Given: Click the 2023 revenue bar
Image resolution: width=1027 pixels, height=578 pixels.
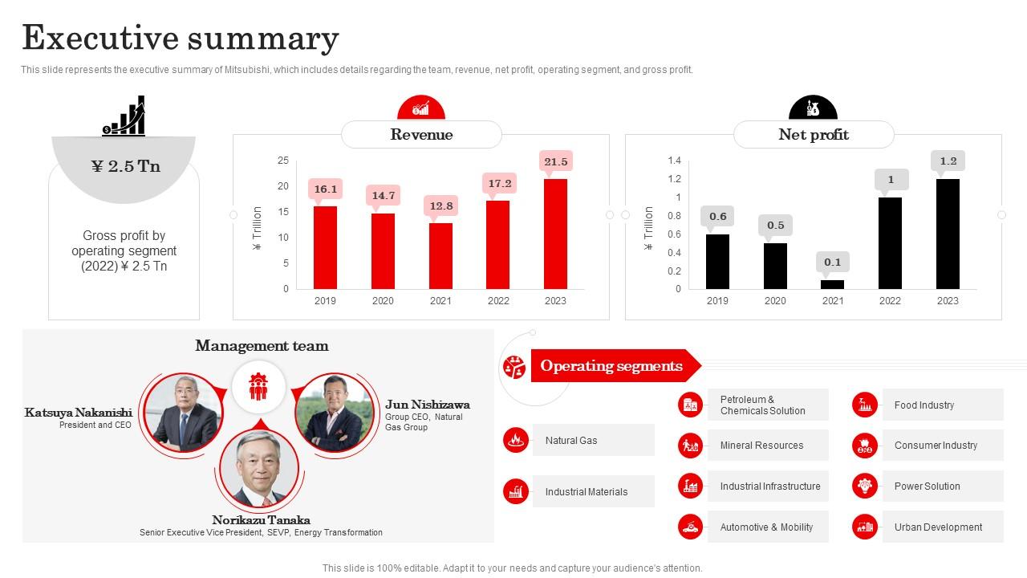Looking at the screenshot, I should coord(555,234).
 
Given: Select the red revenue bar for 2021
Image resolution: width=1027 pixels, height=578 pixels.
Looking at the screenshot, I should coord(440,255).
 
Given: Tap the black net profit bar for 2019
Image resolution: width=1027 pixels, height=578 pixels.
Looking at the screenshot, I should coord(717,261).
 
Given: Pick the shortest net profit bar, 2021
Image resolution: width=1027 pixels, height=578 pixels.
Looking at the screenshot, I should coord(833,284).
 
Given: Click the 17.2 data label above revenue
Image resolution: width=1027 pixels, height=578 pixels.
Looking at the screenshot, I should coord(499,184).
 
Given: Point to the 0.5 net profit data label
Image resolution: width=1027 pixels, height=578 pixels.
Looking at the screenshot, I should coord(775,226).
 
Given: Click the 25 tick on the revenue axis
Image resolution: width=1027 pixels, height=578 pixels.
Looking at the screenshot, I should coord(282,161).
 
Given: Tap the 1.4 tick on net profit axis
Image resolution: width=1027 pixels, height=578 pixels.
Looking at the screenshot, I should coord(674,161).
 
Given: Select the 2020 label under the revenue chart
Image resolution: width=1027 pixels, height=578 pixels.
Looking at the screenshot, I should coord(383,301).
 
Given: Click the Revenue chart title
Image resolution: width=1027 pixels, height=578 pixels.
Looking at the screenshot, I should coord(421,135).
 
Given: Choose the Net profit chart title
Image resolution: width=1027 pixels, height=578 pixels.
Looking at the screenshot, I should coord(814,135).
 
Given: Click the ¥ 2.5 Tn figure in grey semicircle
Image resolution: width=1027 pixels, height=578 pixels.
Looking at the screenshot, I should coord(125,166).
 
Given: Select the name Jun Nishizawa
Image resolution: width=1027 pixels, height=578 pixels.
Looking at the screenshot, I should coord(427,405).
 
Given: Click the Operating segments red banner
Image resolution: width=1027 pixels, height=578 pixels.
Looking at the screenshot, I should coord(611,366).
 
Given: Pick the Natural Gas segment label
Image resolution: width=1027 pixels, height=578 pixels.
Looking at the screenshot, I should coord(571,441).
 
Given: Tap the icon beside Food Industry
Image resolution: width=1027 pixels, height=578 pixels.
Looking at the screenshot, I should coord(865,405).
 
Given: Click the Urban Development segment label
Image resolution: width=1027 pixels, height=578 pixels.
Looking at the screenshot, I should coord(938,527).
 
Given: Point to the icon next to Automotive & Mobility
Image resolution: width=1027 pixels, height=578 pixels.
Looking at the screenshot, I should coord(690,527).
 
